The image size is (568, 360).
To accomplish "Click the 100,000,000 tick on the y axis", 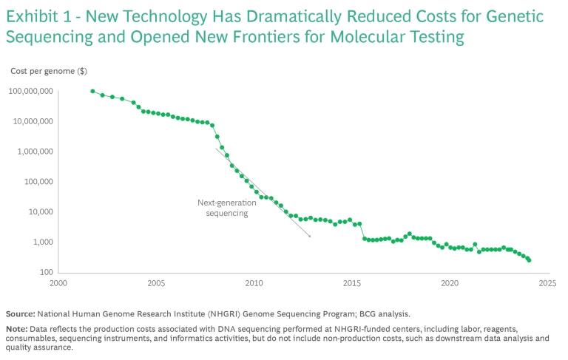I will tap(32, 91).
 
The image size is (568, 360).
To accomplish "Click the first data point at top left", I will tap(92, 91).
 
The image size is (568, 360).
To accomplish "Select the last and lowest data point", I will tap(529, 259).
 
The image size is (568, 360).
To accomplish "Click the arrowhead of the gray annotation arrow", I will tap(309, 237).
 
